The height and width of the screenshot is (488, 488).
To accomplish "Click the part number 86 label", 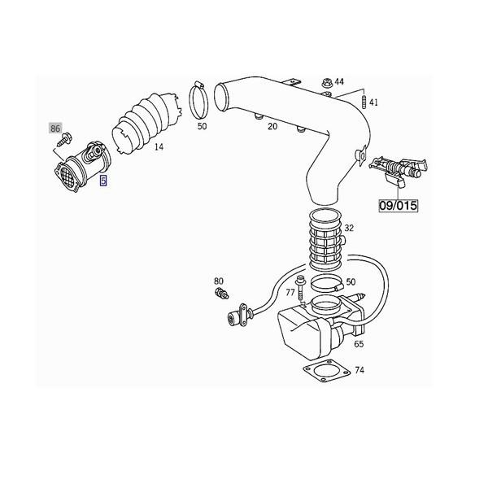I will point(55,129).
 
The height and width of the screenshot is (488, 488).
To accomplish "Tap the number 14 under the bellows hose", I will point(159,147).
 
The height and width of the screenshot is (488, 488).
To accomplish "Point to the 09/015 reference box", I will point(398,205).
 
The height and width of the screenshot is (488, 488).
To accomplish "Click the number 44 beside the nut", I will point(339,81).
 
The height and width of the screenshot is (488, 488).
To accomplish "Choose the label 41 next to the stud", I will point(373,102).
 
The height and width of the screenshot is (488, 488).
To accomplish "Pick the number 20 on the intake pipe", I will point(272,126).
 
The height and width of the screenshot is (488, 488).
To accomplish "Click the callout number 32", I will point(349,229).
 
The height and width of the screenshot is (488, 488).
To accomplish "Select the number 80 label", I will point(219,281).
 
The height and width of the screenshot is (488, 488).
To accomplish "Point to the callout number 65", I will point(359,344).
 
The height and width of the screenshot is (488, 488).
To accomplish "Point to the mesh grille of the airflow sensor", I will point(64,176).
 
